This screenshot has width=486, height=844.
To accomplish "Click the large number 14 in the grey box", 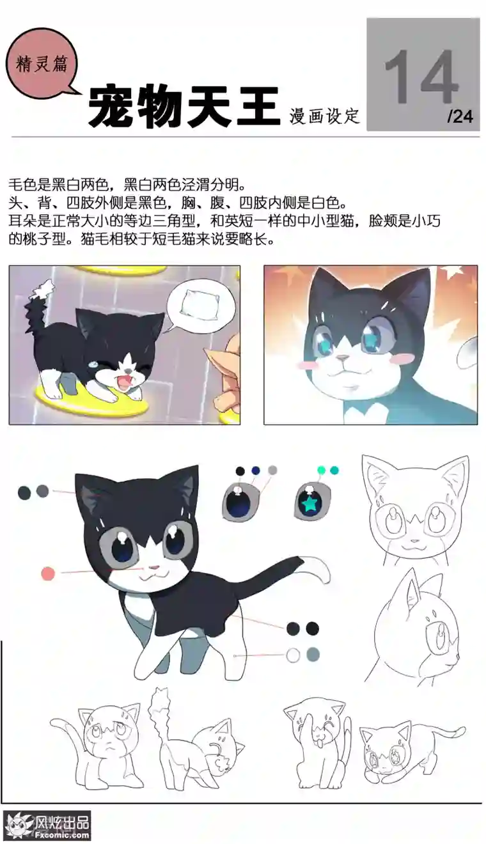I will click(421, 77).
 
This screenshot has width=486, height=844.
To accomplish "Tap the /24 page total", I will click(460, 116).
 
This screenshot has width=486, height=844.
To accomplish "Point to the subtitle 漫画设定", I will click(324, 116).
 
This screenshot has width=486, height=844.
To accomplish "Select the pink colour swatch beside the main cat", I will click(48, 574).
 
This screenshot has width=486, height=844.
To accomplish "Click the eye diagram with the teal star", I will click(312, 503).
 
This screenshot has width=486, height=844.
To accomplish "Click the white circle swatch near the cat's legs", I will click(293, 655).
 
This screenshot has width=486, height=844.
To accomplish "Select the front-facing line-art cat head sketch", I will click(414, 509).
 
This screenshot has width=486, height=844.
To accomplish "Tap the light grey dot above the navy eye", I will click(273, 470).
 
